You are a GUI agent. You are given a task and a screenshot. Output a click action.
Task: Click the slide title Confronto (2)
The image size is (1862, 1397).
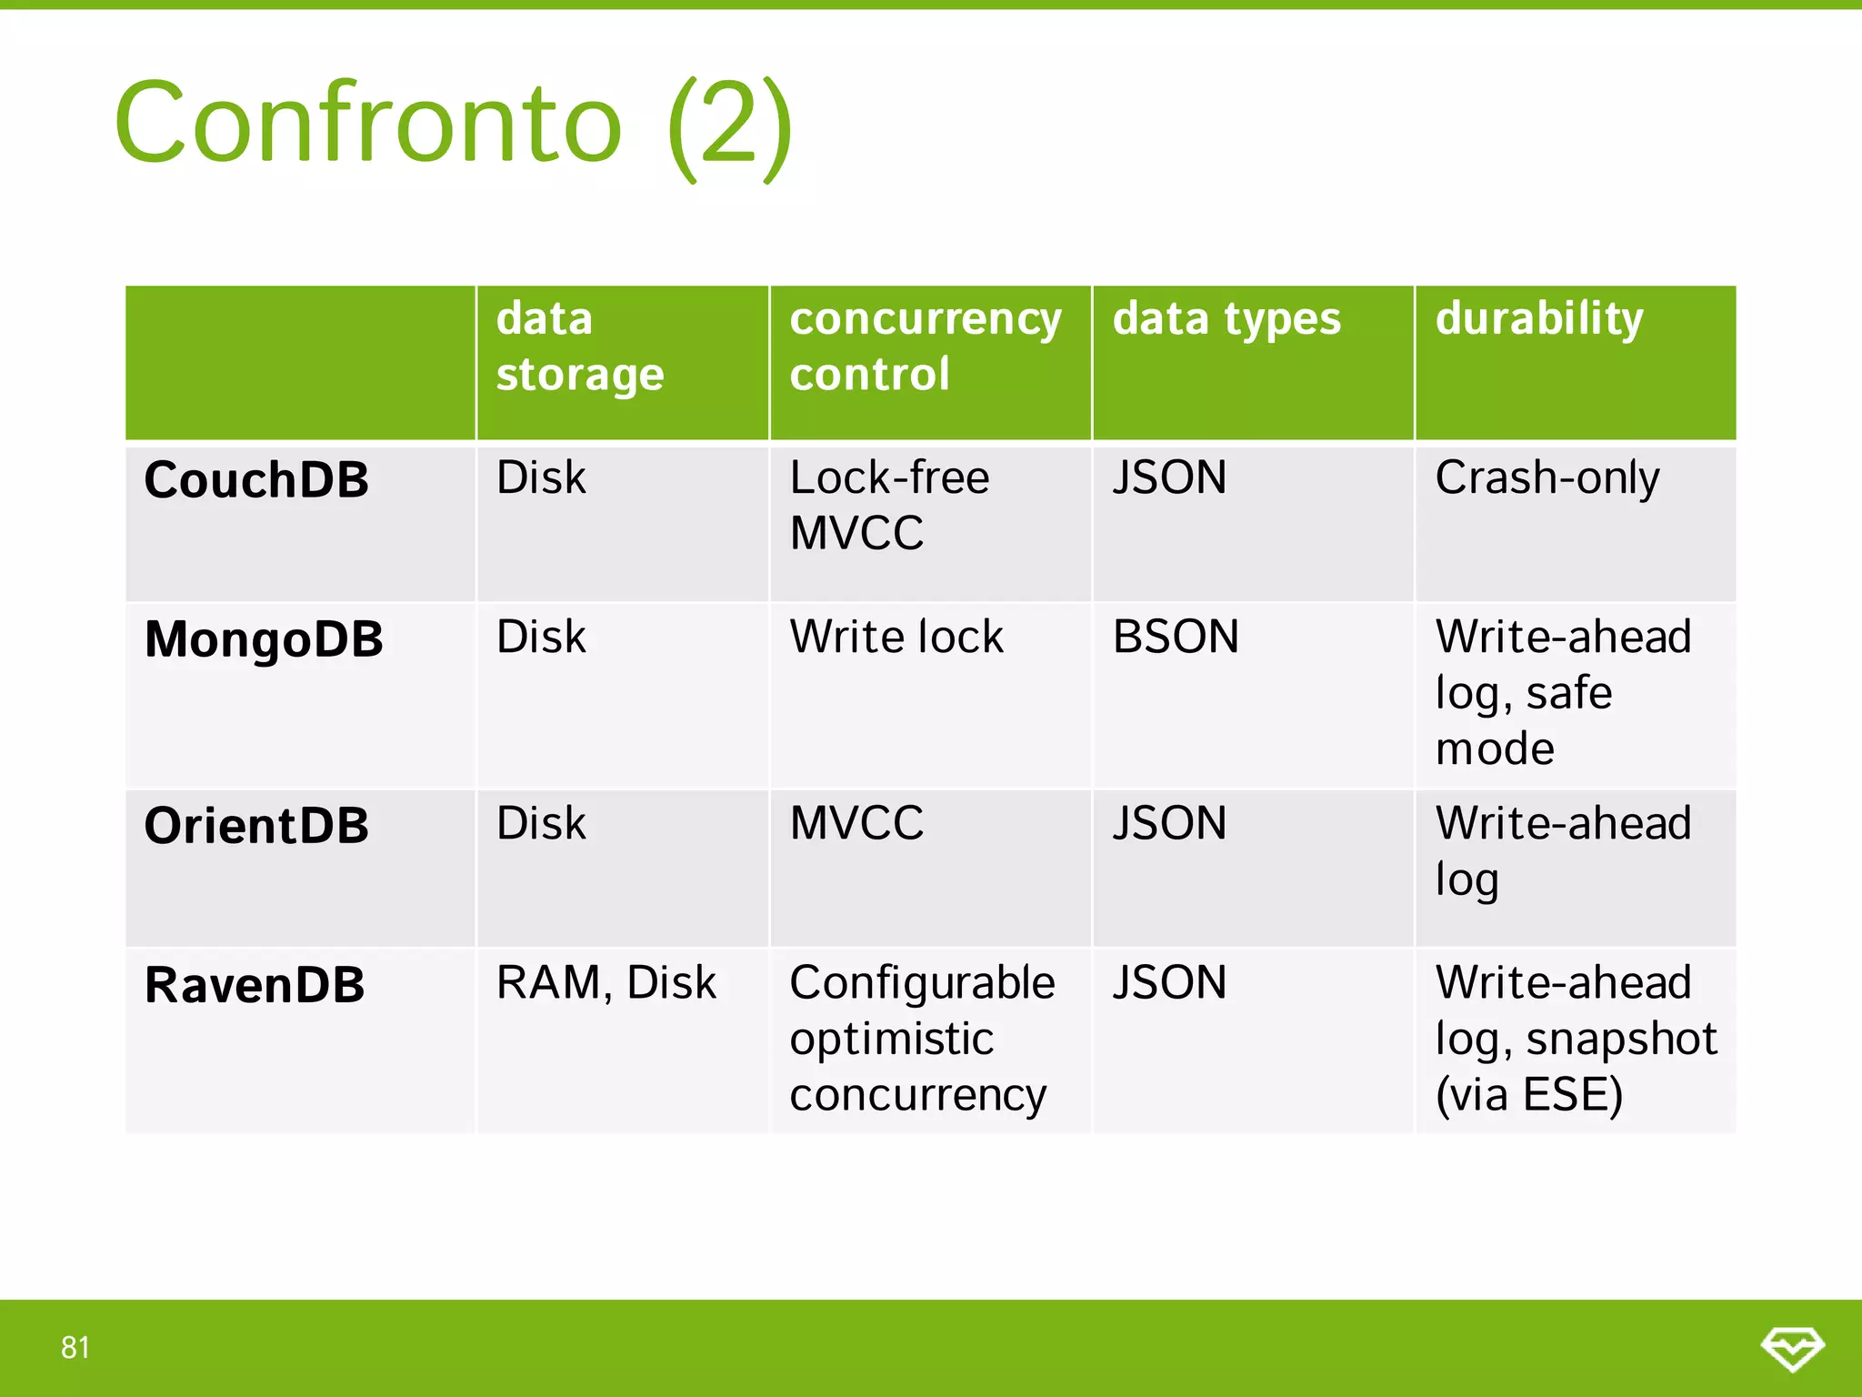pyautogui.click(x=453, y=124)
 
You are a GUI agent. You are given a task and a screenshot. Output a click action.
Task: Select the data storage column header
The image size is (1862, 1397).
pyautogui.click(x=580, y=347)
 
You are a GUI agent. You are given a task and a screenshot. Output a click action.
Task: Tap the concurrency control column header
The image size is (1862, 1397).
pyautogui.click(x=925, y=347)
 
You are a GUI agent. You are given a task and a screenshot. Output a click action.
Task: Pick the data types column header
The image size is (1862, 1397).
pyautogui.click(x=1226, y=319)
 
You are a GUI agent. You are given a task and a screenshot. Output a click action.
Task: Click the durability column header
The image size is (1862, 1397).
pyautogui.click(x=1538, y=319)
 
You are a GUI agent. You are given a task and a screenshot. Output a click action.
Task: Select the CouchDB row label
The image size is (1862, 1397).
pyautogui.click(x=256, y=479)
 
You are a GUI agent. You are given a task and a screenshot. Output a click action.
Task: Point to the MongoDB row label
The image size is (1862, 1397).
pyautogui.click(x=264, y=638)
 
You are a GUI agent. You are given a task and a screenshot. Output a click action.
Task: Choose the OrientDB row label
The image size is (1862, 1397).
pyautogui.click(x=256, y=826)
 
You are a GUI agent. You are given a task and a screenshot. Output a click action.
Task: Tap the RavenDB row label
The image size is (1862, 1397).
pyautogui.click(x=255, y=985)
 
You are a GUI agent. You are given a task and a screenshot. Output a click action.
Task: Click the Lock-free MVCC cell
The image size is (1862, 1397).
pyautogui.click(x=888, y=505)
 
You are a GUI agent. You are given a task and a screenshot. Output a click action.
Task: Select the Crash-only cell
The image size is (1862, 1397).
pyautogui.click(x=1547, y=478)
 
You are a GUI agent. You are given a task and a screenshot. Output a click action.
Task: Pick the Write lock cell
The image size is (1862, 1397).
pyautogui.click(x=896, y=637)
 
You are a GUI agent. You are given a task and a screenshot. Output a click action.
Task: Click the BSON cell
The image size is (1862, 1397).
pyautogui.click(x=1175, y=637)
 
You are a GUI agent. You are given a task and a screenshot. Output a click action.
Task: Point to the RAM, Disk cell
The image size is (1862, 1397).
pyautogui.click(x=606, y=983)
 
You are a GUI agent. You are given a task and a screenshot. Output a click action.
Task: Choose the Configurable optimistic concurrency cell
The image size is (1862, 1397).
pyautogui.click(x=921, y=1039)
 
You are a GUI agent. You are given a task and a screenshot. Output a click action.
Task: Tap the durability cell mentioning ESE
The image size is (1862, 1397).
pyautogui.click(x=1575, y=1039)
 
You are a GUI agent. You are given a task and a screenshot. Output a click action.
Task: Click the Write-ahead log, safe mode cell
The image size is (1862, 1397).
pyautogui.click(x=1562, y=692)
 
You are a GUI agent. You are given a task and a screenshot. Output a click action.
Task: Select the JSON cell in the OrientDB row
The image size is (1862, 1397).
pyautogui.click(x=1169, y=824)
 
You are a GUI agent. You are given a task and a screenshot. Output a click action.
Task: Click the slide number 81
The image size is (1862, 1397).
pyautogui.click(x=75, y=1347)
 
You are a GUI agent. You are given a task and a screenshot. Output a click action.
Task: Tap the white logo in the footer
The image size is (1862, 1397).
pyautogui.click(x=1792, y=1348)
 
